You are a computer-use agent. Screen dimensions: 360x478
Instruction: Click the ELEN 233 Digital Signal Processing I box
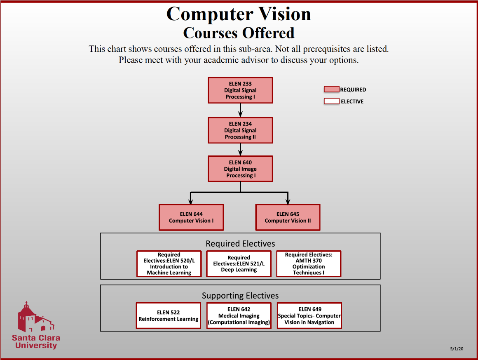[x=240, y=90]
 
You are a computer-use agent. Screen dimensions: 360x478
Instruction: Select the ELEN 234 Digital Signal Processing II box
[x=240, y=130]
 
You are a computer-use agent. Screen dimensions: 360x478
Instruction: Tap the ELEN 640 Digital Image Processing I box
[x=240, y=169]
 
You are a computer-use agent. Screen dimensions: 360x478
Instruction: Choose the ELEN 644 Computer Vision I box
[x=191, y=217]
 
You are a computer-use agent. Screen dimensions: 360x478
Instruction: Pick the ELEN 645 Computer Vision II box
[x=288, y=217]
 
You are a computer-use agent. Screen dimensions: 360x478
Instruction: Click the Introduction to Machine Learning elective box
[x=169, y=264]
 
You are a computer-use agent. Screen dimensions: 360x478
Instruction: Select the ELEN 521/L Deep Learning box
[x=239, y=264]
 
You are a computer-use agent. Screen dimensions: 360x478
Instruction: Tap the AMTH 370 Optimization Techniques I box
[x=309, y=264]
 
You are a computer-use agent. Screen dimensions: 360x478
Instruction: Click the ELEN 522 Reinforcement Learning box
[x=169, y=316]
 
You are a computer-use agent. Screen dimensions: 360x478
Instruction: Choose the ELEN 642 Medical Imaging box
[x=239, y=316]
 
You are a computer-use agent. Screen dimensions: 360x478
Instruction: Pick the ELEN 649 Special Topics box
[x=309, y=316]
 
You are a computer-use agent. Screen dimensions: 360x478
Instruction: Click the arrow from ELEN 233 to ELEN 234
[x=240, y=110]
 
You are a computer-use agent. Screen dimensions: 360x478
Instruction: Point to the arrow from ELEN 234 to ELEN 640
[x=240, y=149]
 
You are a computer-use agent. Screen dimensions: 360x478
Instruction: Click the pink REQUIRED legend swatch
[x=331, y=89]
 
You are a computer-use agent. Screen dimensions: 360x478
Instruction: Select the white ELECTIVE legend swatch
[x=331, y=101]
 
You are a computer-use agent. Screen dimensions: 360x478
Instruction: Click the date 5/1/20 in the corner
[x=457, y=349]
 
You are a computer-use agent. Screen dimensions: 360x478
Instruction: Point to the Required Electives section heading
[x=240, y=244]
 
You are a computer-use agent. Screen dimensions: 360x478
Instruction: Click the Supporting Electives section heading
[x=240, y=296]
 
